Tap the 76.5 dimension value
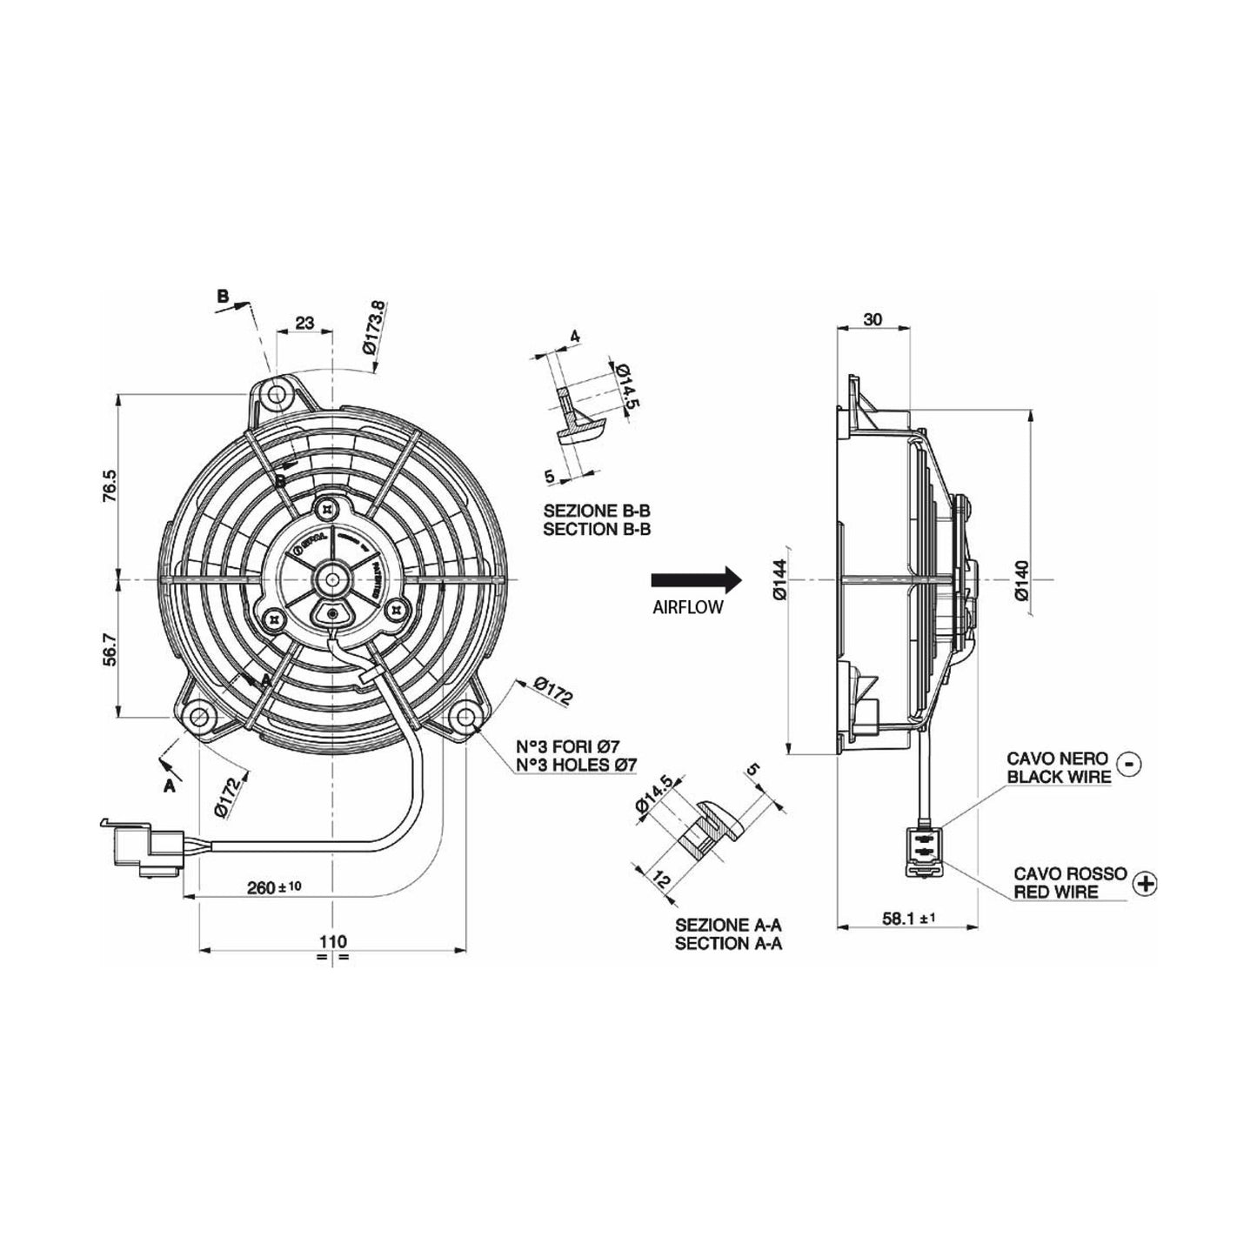tap(108, 486)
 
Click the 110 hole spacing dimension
tap(332, 940)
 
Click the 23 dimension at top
tap(304, 323)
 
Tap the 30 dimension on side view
tap(873, 319)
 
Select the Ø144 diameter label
tap(779, 578)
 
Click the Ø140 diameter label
tap(1021, 580)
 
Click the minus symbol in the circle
tap(1129, 764)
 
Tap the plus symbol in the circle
tap(1147, 883)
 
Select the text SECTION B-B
tap(597, 529)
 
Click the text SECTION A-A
tap(727, 943)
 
